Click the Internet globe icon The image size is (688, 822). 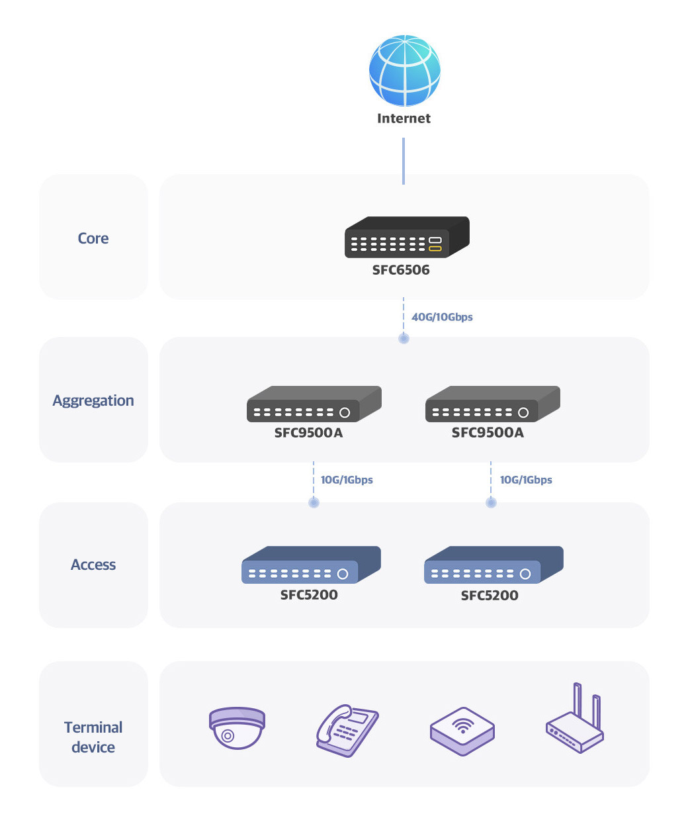404,70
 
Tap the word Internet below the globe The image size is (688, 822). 404,118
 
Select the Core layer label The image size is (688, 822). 93,238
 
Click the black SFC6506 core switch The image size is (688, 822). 407,237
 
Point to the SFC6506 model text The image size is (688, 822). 401,269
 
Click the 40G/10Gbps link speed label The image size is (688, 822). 442,317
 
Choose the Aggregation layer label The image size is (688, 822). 93,401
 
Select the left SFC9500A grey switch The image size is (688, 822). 314,404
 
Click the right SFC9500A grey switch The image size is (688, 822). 492,404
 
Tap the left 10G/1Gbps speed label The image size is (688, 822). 347,479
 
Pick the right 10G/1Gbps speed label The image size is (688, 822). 526,479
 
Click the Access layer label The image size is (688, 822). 93,565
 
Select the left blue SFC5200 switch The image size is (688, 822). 311,565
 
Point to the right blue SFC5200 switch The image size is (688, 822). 494,565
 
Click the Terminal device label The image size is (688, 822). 93,737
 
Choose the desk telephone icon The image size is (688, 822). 347,731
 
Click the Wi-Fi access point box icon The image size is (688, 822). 462,731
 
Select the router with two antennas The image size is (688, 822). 575,719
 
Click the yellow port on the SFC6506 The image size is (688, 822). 435,248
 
